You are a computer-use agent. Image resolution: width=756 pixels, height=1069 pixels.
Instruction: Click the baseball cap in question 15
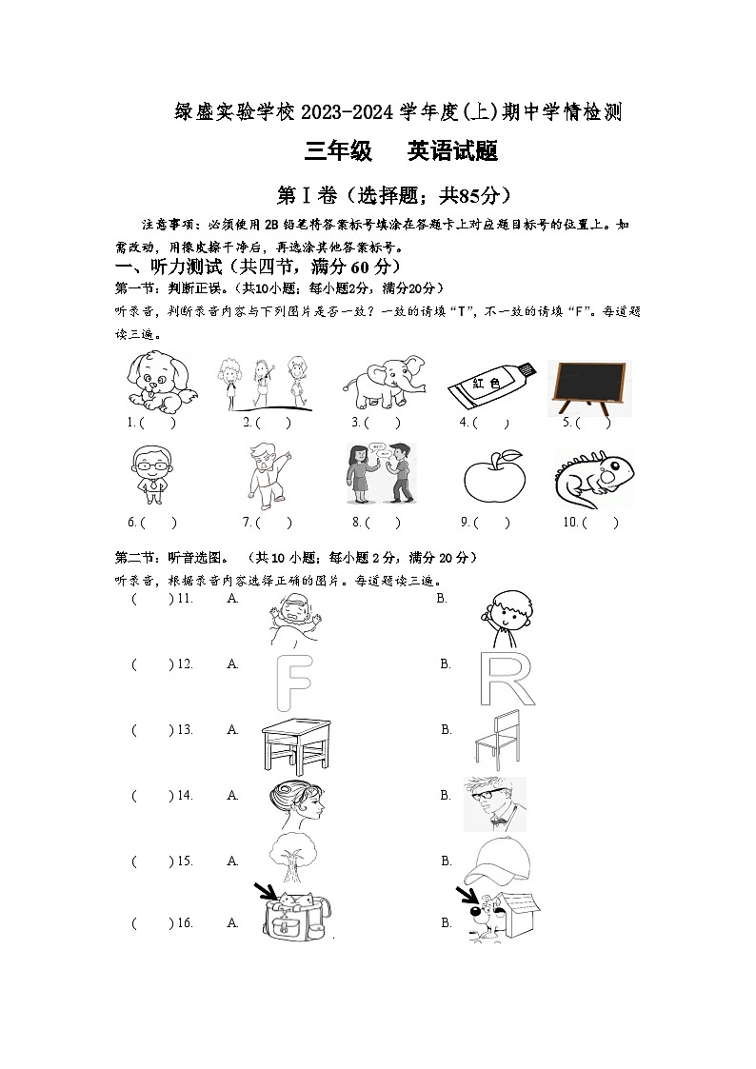(x=496, y=860)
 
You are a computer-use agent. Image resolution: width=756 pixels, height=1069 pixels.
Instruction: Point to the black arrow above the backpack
(x=266, y=892)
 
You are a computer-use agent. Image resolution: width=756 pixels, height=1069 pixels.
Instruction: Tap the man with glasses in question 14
(x=494, y=803)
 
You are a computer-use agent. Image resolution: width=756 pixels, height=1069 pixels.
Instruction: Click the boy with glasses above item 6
(x=149, y=473)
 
